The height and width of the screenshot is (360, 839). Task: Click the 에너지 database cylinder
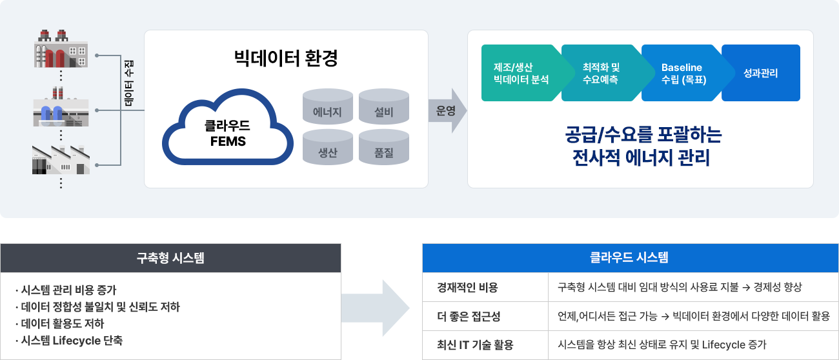coord(328,106)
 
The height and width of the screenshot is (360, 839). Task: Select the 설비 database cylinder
coord(384,106)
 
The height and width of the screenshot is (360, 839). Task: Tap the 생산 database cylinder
coord(328,147)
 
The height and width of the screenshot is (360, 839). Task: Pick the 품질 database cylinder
coord(384,147)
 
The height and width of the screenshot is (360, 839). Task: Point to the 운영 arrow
coord(448,110)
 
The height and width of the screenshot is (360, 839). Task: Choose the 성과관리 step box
coord(761,73)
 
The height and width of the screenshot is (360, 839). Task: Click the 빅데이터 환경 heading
coord(286,58)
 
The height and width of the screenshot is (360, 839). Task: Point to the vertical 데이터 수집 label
coord(128,83)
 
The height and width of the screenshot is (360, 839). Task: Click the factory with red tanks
coord(61,48)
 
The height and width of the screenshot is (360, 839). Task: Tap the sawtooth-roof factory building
coord(61,160)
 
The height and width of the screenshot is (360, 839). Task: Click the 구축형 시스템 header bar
coord(171,258)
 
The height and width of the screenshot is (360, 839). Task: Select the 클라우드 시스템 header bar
coord(631,257)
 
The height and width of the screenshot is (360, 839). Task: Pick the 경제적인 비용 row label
coord(467,287)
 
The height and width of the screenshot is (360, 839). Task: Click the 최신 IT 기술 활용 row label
coord(475,345)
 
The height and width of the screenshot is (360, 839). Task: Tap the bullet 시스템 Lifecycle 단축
coord(69,341)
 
